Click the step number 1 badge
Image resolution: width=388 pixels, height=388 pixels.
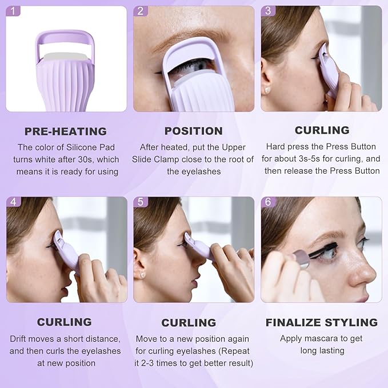pos(13,11)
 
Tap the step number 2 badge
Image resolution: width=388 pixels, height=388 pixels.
pos(141,11)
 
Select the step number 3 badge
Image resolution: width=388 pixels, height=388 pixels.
pos(269,11)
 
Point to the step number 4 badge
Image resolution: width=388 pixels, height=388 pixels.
pos(13,202)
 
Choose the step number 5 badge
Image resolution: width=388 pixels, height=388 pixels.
pos(141,202)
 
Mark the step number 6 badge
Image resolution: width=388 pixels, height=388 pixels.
pos(269,202)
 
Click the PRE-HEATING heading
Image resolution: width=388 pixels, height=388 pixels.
pos(66,131)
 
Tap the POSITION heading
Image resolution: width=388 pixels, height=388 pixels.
pos(193,131)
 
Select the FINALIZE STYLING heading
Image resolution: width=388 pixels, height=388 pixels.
pos(322,322)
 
